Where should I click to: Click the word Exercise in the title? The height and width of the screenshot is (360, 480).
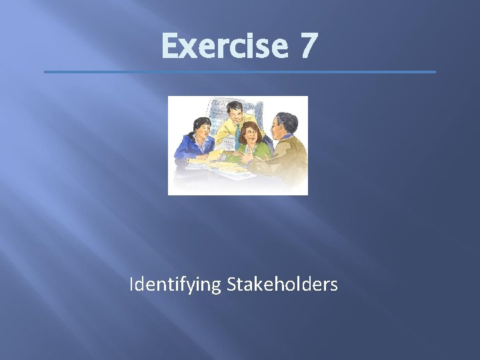click(x=223, y=46)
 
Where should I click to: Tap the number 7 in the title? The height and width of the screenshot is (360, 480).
click(x=309, y=46)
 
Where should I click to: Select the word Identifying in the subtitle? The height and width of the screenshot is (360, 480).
click(x=175, y=285)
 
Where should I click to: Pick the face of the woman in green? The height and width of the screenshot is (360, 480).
click(x=251, y=135)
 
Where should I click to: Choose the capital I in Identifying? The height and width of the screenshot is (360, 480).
click(x=132, y=285)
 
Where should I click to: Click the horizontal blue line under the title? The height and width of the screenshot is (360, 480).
click(x=240, y=72)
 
